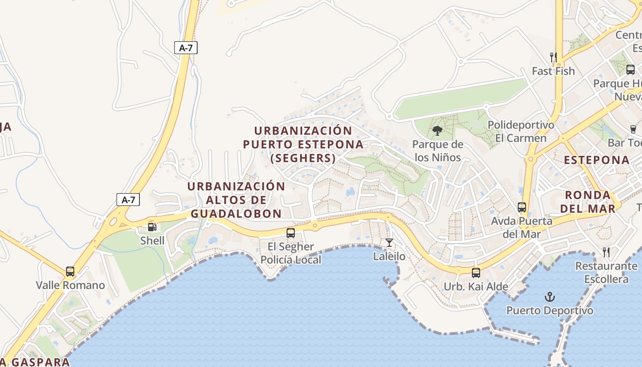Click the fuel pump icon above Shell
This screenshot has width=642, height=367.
click(x=152, y=227)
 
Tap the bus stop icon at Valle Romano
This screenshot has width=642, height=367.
click(x=70, y=271)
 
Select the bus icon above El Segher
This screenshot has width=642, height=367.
click(x=291, y=233)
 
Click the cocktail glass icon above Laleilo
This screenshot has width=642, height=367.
click(x=389, y=242)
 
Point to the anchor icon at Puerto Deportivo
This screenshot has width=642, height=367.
click(x=549, y=297)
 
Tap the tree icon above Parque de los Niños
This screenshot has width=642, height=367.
click(x=437, y=131)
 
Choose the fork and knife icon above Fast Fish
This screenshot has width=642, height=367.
click(x=553, y=57)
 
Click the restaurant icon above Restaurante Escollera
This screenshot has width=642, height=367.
click(x=606, y=252)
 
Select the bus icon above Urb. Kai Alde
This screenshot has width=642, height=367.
click(x=476, y=272)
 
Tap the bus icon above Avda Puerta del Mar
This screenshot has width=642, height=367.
click(x=521, y=207)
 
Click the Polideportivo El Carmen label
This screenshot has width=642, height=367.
click(x=520, y=131)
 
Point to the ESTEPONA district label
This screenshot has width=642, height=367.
click(x=596, y=160)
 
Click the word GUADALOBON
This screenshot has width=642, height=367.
click(x=236, y=214)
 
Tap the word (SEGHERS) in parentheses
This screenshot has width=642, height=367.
click(x=303, y=158)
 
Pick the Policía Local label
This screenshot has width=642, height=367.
click(x=291, y=260)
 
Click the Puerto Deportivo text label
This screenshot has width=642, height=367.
click(x=549, y=311)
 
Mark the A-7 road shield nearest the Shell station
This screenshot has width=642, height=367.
click(x=128, y=200)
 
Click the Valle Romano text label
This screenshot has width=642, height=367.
click(x=70, y=285)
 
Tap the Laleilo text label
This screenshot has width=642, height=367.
click(x=389, y=256)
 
